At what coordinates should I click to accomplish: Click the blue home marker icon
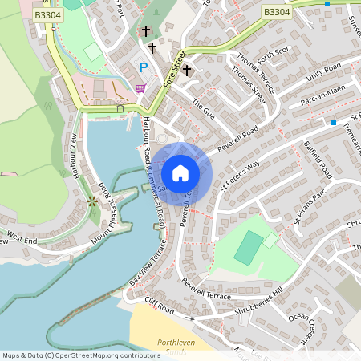point(180,173)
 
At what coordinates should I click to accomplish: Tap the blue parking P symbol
point(144,67)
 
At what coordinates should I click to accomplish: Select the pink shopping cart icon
point(141,88)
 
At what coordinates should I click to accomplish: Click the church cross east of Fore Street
point(187,71)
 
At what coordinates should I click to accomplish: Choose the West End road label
point(22,237)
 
